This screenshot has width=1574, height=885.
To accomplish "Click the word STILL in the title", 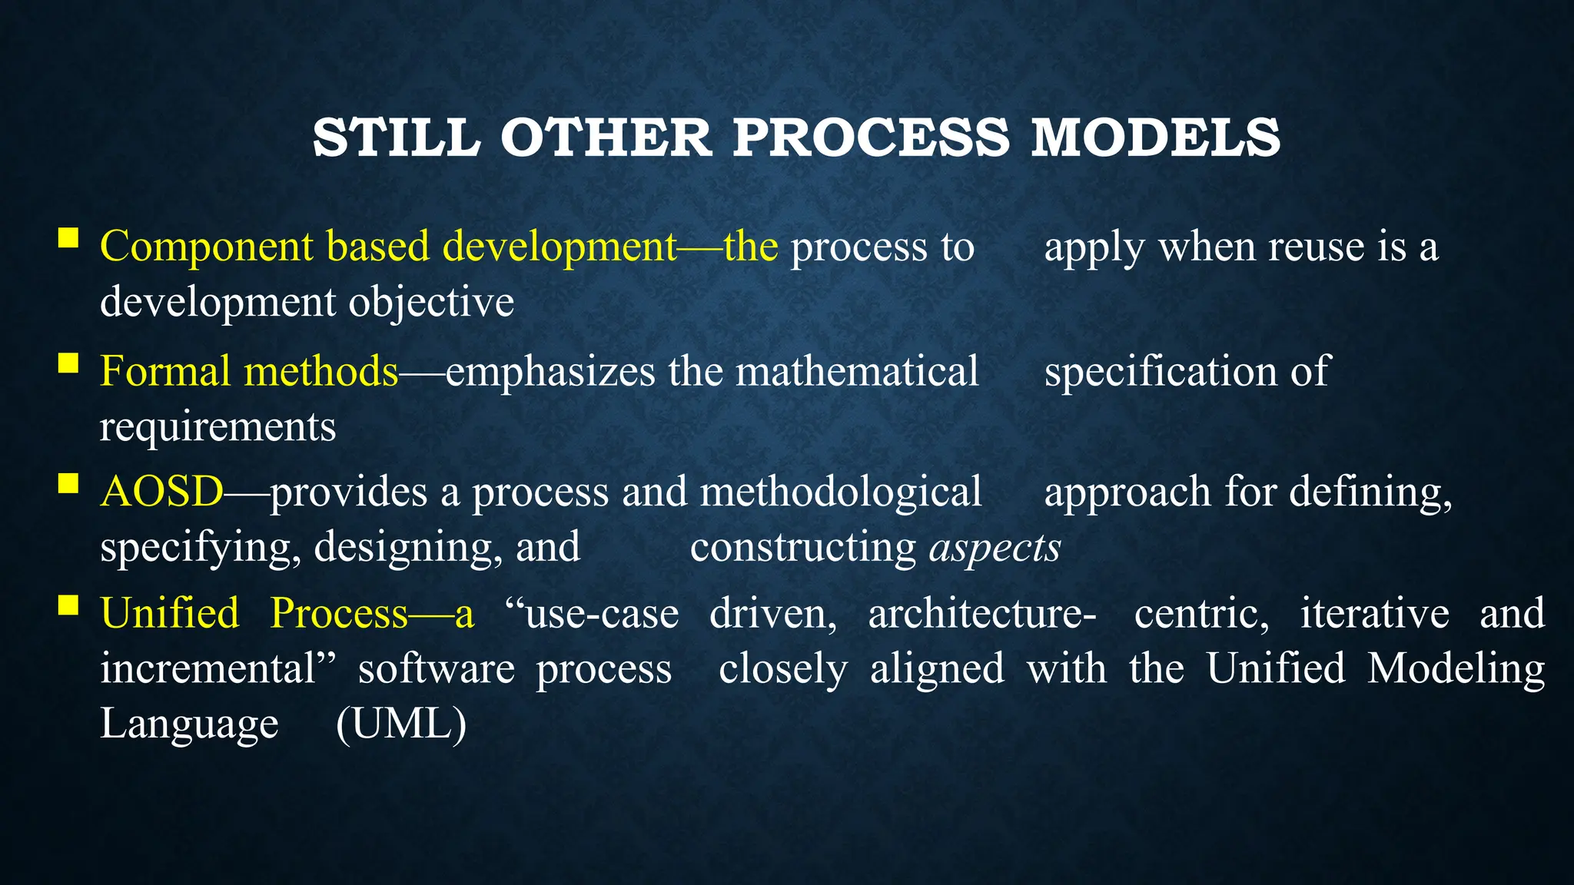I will pyautogui.click(x=397, y=138).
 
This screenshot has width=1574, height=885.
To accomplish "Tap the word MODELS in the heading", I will pyautogui.click(x=1155, y=138).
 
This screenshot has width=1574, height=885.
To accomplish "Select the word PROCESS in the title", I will pyautogui.click(x=871, y=138).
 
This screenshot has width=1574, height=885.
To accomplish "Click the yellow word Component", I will pyautogui.click(x=207, y=247).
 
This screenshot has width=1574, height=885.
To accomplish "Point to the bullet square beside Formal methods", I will pyautogui.click(x=68, y=362).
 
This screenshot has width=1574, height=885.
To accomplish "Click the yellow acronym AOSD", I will pyautogui.click(x=161, y=492).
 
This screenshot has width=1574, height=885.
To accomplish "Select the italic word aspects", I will pyautogui.click(x=995, y=548).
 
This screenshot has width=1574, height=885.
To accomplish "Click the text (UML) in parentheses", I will pyautogui.click(x=401, y=724).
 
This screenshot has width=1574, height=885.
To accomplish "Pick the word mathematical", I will pyautogui.click(x=857, y=372).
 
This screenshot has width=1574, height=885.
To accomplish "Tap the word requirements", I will pyautogui.click(x=218, y=427).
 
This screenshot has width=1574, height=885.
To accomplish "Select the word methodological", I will pyautogui.click(x=841, y=492).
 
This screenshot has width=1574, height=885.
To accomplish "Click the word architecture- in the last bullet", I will pyautogui.click(x=982, y=614).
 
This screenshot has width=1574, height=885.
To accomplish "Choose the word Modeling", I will pyautogui.click(x=1456, y=668).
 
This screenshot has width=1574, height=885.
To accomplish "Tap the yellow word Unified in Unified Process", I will pyautogui.click(x=170, y=614).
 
